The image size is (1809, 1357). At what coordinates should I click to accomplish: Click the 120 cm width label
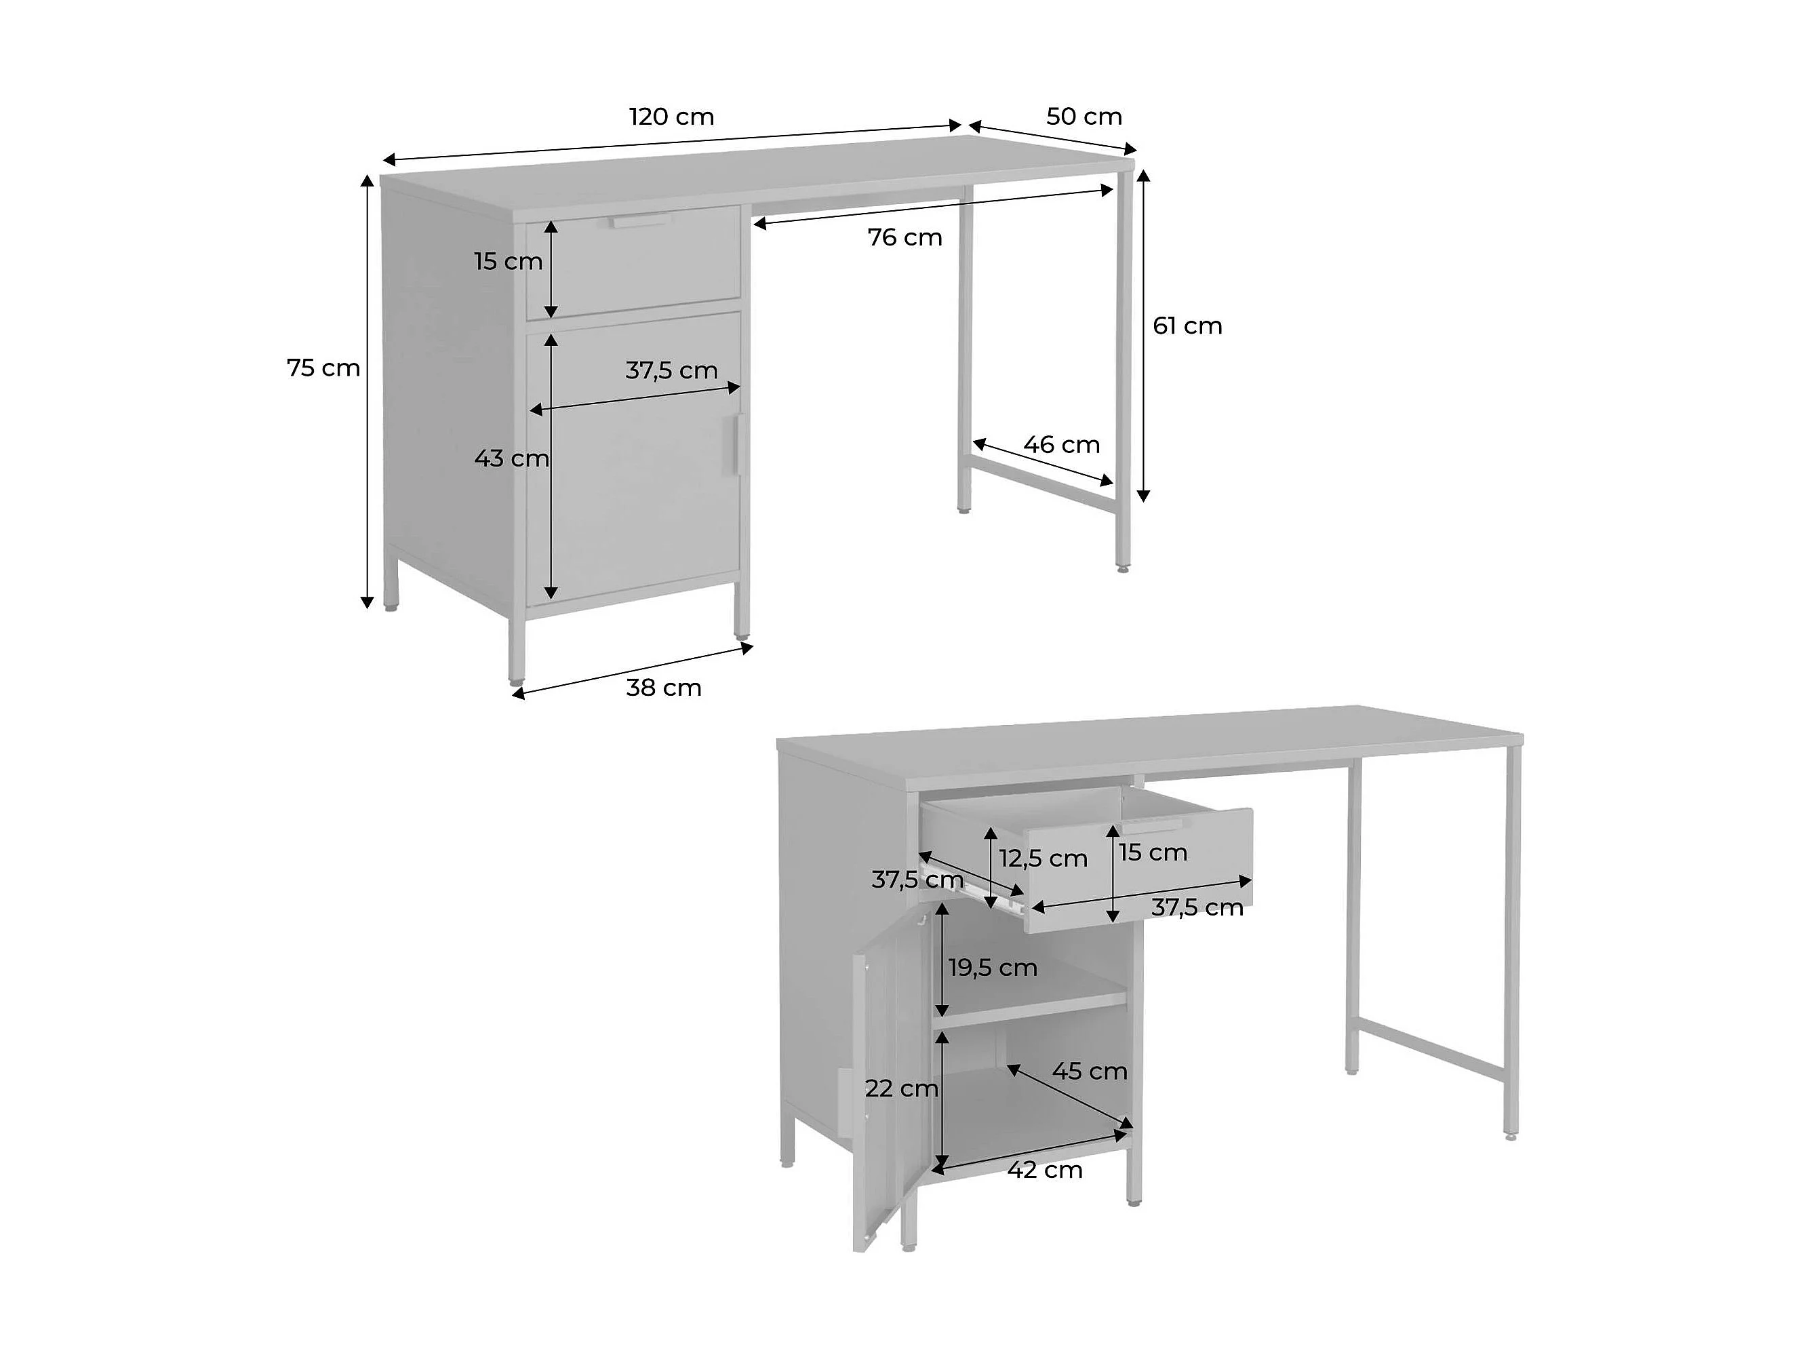[x=671, y=117]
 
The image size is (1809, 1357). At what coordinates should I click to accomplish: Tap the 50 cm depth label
[x=1084, y=117]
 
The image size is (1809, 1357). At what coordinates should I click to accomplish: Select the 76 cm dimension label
[x=904, y=237]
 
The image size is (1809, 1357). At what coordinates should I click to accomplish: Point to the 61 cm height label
[x=1187, y=326]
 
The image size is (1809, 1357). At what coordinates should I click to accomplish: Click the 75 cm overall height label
[x=324, y=368]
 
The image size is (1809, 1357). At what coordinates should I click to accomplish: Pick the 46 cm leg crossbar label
[x=1062, y=444]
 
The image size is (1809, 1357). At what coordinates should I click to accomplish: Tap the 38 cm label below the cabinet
[x=663, y=688]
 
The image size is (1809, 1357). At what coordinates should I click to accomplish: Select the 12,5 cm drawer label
[x=1043, y=859]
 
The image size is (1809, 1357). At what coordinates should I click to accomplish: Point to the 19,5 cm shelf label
[x=993, y=968]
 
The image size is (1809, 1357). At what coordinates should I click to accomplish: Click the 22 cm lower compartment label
[x=901, y=1088]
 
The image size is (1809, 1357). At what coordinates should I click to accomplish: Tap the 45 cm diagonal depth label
[x=1090, y=1071]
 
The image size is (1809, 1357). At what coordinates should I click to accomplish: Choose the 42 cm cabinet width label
[x=1044, y=1170]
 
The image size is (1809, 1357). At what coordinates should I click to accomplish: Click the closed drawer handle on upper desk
[x=640, y=221]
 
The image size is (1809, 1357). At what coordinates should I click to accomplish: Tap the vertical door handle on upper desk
[x=734, y=444]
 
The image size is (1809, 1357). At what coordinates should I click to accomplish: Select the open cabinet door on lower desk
[x=888, y=1080]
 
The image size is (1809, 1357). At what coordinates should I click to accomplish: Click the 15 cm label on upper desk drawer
[x=508, y=262]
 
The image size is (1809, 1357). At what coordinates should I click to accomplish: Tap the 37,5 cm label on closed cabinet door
[x=671, y=370]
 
